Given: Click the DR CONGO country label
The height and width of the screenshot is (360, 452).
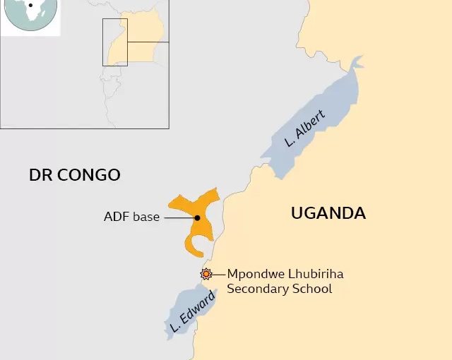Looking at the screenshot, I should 75,174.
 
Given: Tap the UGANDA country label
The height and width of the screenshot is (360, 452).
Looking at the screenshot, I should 328,212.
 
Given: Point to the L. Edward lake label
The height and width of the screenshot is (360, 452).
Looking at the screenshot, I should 191,312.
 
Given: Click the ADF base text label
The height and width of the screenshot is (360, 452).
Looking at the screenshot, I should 131,217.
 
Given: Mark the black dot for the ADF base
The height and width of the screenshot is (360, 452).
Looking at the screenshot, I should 197,218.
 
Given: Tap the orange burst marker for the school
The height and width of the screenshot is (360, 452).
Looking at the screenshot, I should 206,274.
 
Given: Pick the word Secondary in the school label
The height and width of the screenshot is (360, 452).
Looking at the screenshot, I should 255,289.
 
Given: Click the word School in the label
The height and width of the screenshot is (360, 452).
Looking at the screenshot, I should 309,289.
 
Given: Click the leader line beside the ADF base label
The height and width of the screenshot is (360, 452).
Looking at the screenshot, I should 179,218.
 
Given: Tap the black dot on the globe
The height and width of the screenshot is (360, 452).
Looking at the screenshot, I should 30,6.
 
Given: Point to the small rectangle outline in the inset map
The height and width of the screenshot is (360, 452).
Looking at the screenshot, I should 114,42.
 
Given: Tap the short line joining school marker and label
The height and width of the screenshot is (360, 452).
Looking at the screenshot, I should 218,274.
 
